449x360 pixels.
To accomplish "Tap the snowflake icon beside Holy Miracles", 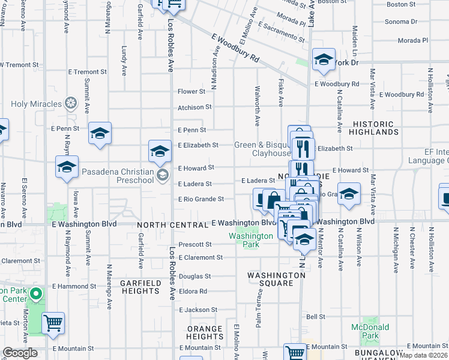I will click(71, 104).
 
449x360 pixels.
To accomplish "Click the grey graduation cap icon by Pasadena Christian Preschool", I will click(161, 175).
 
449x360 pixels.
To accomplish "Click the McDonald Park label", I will click(370, 331).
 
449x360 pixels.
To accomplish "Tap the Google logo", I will click(20, 353).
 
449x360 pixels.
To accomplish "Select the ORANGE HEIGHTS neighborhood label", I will click(205, 332).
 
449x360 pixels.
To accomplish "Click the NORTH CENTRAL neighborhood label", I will click(172, 225).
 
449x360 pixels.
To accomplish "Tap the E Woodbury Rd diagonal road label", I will click(235, 48).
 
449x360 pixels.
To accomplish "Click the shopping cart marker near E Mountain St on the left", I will click(53, 323).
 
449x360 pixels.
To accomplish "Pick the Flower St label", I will click(191, 92).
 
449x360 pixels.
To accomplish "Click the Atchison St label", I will click(194, 107).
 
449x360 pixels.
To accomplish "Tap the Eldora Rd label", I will click(193, 291).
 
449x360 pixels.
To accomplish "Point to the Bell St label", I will click(316, 316).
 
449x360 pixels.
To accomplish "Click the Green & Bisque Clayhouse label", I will click(262, 149).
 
